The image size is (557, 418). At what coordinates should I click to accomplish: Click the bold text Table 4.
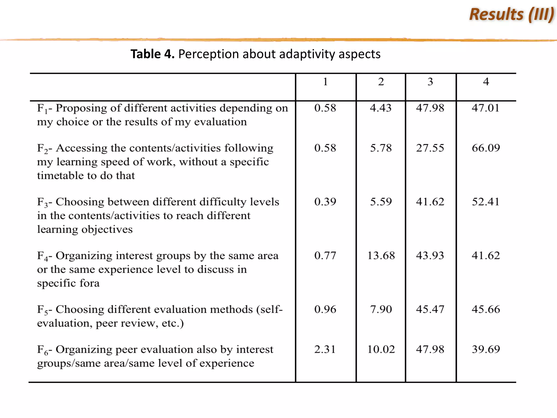click(152, 54)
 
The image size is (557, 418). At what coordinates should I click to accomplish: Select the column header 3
click(430, 82)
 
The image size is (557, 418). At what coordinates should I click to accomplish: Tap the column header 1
click(325, 82)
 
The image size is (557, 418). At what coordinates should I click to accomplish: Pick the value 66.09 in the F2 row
click(486, 148)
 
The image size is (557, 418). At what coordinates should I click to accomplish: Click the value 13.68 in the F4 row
click(381, 256)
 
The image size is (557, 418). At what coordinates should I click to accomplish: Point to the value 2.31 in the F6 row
click(325, 349)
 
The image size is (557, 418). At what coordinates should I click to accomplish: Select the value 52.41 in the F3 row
click(486, 202)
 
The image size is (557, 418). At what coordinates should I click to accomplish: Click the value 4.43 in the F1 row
click(380, 108)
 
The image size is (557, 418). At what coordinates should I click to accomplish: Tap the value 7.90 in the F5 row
click(381, 309)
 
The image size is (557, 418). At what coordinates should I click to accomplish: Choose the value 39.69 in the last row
click(486, 349)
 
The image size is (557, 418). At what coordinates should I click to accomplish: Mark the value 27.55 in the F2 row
click(430, 148)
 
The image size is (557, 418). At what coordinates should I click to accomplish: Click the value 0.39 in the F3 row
click(325, 202)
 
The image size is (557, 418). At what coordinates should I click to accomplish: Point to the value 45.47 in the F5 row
click(430, 309)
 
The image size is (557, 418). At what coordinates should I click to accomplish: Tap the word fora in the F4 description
click(89, 283)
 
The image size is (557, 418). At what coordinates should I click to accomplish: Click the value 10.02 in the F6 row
click(381, 349)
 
